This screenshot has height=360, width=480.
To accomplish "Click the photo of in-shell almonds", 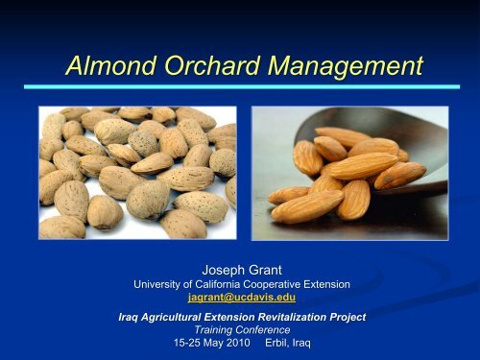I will pyautogui.click(x=137, y=173).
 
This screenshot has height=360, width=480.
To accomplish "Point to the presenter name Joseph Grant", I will pyautogui.click(x=241, y=271).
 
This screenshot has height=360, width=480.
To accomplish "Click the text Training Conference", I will pyautogui.click(x=241, y=329).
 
